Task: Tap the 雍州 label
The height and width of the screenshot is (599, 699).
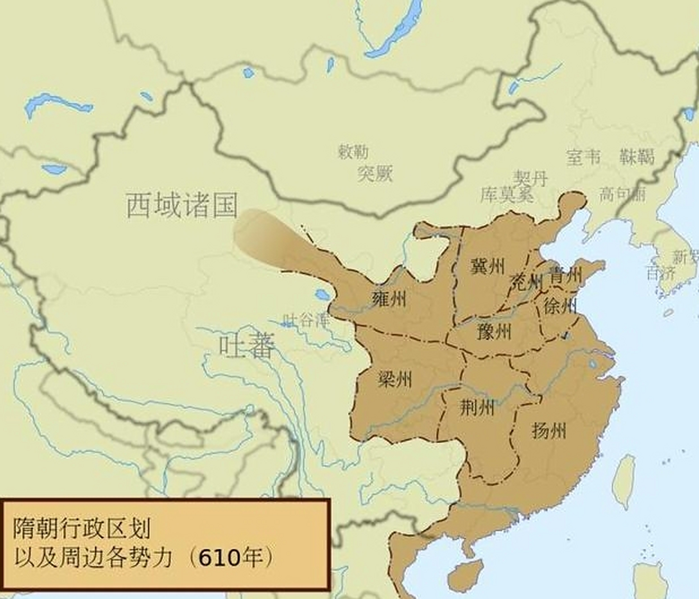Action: point(389,298)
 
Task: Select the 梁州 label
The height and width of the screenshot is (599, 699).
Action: point(395,379)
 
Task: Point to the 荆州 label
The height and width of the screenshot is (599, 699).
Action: point(477,408)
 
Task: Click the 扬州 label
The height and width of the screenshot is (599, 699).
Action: point(549,430)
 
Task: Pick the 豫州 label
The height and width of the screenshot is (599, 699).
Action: point(495,332)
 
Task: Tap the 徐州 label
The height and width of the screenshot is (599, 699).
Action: point(560,306)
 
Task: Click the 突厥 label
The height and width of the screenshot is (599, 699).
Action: point(375,174)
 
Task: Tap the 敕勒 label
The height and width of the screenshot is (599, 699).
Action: point(353,152)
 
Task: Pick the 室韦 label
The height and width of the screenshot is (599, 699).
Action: point(583,157)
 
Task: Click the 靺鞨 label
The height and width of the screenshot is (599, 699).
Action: point(637,157)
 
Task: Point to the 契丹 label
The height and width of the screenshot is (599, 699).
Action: point(530,178)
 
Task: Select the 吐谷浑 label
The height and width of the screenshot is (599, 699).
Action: point(306,320)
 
